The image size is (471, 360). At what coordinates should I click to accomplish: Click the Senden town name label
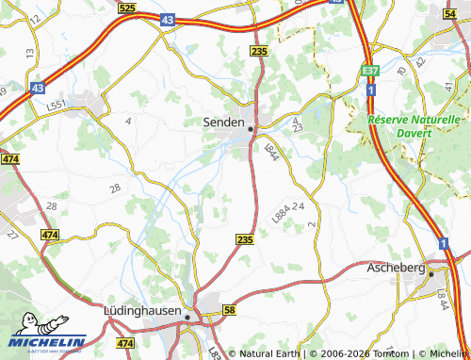coord(224,123)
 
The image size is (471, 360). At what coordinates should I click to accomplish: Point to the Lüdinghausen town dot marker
coord(188,318)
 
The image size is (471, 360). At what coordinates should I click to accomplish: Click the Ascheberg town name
coord(394,268)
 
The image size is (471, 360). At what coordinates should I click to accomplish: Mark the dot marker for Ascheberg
coord(430,274)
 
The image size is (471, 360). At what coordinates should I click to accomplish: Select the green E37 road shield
coord(371,70)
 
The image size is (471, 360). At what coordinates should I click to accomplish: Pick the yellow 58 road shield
coord(229,310)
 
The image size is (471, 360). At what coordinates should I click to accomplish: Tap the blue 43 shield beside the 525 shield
coord(166,20)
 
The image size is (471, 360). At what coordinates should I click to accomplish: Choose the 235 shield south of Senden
coord(245,241)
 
